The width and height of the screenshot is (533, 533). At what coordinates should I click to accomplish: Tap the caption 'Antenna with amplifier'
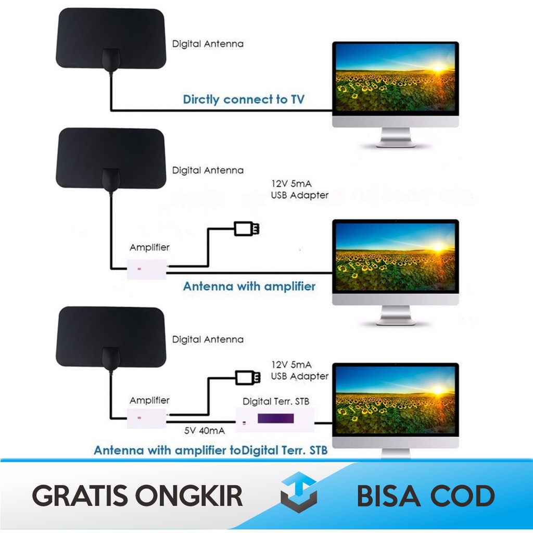click(249, 286)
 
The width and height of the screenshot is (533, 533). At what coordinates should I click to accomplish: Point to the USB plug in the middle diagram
click(246, 228)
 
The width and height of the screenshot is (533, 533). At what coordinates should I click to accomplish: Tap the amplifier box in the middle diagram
click(147, 269)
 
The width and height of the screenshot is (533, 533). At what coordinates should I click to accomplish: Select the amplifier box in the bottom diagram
click(147, 417)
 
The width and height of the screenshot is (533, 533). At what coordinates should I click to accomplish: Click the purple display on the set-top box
click(275, 419)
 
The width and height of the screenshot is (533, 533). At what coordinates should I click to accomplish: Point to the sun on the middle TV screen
click(436, 246)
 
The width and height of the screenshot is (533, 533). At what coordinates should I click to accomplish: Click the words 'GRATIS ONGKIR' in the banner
click(138, 496)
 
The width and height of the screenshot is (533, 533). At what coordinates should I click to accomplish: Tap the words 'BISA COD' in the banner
click(425, 496)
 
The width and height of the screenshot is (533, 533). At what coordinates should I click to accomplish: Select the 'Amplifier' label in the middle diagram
click(149, 247)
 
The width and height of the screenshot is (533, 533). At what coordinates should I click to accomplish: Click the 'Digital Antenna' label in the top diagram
click(208, 44)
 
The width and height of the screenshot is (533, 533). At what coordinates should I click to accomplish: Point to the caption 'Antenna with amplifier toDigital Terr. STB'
click(211, 450)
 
